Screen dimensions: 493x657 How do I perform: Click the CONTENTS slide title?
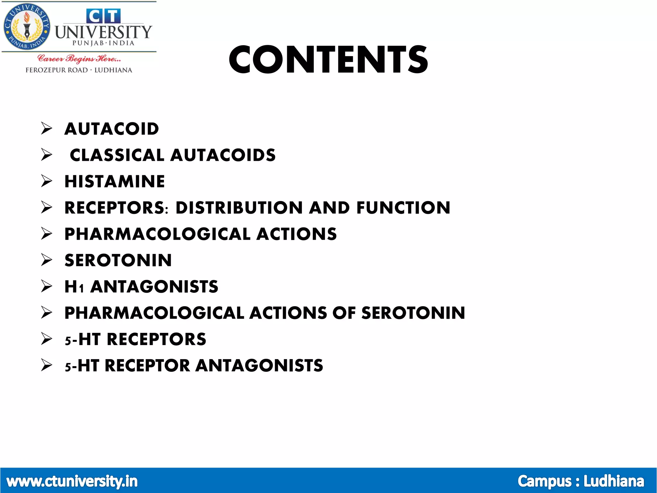coord(328,60)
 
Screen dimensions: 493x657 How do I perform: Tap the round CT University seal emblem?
coord(27,27)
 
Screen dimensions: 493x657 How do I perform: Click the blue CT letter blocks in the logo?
coord(103,16)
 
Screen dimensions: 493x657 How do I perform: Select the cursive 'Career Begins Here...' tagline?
coord(79,59)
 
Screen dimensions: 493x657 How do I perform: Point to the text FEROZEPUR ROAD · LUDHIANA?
coord(79,70)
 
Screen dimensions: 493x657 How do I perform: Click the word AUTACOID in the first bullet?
coord(112,129)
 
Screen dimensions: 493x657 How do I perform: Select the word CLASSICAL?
coord(117,155)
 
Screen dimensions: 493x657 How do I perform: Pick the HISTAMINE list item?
coord(115,182)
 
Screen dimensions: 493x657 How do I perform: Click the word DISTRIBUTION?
coord(239,208)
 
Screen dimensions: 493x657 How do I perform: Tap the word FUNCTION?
coord(403,208)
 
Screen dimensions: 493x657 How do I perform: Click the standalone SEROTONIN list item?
coord(118,260)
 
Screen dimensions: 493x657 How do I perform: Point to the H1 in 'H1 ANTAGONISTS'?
coord(74,287)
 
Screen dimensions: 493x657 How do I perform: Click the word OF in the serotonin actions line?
coord(344,313)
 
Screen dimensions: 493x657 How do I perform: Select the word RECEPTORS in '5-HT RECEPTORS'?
coord(156,339)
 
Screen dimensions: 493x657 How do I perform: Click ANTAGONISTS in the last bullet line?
coord(259,366)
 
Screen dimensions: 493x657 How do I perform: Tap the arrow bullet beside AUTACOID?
coord(47,129)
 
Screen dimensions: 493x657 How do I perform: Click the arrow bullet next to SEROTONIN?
coord(47,260)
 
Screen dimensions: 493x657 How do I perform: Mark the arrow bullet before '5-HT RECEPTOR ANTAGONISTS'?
coord(47,365)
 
